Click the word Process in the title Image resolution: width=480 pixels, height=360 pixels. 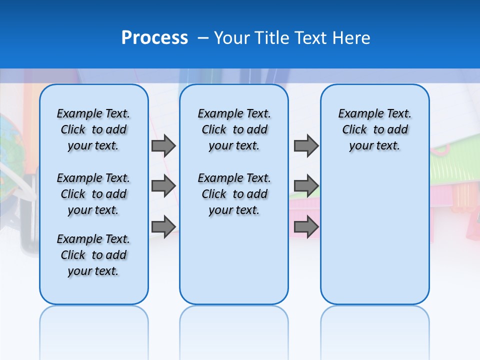point(154,37)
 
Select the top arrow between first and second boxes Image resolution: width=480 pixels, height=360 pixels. point(163,145)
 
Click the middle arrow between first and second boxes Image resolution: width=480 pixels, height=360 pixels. point(163,186)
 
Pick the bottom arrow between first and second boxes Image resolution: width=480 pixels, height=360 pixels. point(163,226)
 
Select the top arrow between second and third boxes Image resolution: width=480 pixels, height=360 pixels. point(306,145)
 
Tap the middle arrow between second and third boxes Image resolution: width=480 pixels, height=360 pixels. point(306,186)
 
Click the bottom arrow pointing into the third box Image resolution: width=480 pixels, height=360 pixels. point(306,226)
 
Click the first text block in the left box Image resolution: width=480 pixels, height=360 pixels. point(93,129)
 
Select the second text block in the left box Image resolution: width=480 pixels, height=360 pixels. point(93,194)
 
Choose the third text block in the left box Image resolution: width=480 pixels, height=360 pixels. point(93,255)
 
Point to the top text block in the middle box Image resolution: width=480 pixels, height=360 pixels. point(234,129)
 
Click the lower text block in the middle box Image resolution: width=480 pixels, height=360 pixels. point(234,194)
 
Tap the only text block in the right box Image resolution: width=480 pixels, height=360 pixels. point(374,129)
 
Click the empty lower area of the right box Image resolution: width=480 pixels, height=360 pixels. point(374,240)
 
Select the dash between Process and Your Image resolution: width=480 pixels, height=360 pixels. point(203,38)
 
